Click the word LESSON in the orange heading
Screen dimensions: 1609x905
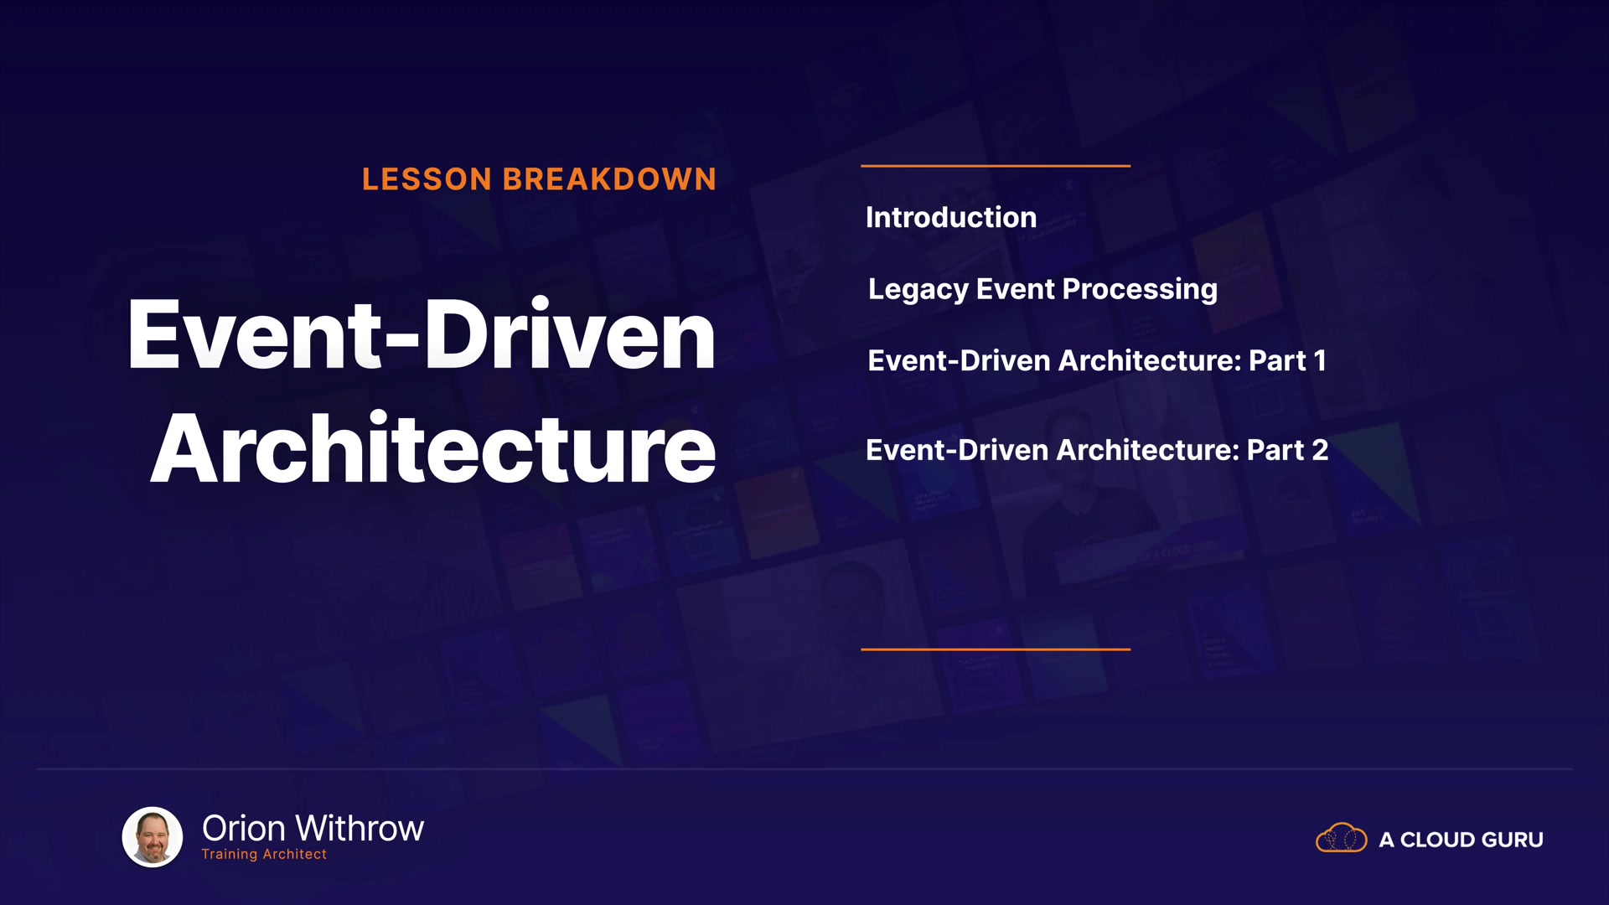[x=427, y=179]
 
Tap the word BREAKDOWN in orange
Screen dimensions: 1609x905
[x=609, y=179]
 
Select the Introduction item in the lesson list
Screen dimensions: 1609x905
[x=951, y=217]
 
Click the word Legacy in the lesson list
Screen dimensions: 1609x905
[x=918, y=290]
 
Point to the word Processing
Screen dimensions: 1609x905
[x=1141, y=290]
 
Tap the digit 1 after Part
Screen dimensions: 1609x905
[x=1320, y=360]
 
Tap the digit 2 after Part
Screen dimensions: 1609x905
[x=1320, y=450]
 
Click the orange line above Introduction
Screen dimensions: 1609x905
[x=996, y=166]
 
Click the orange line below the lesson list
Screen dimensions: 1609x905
[x=996, y=649]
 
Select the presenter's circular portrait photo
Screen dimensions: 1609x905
[x=153, y=836]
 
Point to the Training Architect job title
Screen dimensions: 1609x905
[x=264, y=854]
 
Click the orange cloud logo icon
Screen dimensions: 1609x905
[x=1342, y=838]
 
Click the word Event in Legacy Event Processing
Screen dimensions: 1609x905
[x=1016, y=289]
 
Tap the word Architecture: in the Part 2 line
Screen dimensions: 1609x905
[x=1148, y=450]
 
